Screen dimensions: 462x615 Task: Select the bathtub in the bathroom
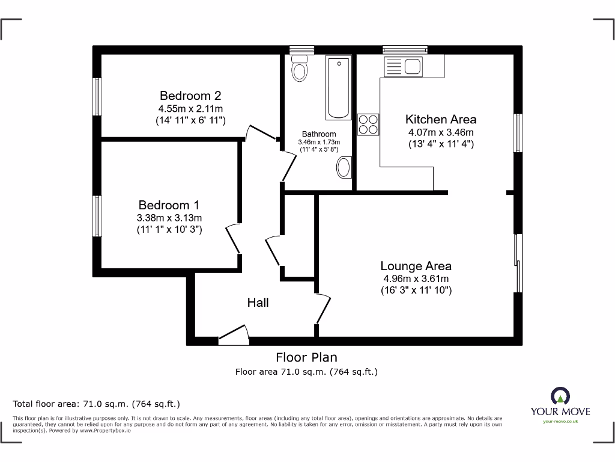click(339, 88)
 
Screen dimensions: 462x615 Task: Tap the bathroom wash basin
click(344, 168)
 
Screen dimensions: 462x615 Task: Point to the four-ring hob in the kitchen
click(368, 124)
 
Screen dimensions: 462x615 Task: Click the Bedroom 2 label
click(190, 96)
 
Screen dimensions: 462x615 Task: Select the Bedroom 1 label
click(169, 205)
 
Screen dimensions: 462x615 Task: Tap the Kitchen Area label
click(441, 119)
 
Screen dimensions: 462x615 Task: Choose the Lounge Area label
click(416, 266)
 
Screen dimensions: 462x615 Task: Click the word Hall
click(258, 303)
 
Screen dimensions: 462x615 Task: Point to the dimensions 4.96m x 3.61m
click(416, 279)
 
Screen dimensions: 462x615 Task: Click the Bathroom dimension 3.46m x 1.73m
click(318, 142)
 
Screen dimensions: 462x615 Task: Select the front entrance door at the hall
click(234, 335)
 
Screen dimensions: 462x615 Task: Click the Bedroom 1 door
click(233, 239)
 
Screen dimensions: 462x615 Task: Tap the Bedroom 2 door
click(261, 132)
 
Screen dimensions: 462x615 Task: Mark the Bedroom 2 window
click(96, 96)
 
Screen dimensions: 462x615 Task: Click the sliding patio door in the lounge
click(518, 263)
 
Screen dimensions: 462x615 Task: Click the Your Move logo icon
click(560, 396)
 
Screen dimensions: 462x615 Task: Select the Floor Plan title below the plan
click(306, 358)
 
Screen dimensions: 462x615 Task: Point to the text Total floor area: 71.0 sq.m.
click(96, 404)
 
